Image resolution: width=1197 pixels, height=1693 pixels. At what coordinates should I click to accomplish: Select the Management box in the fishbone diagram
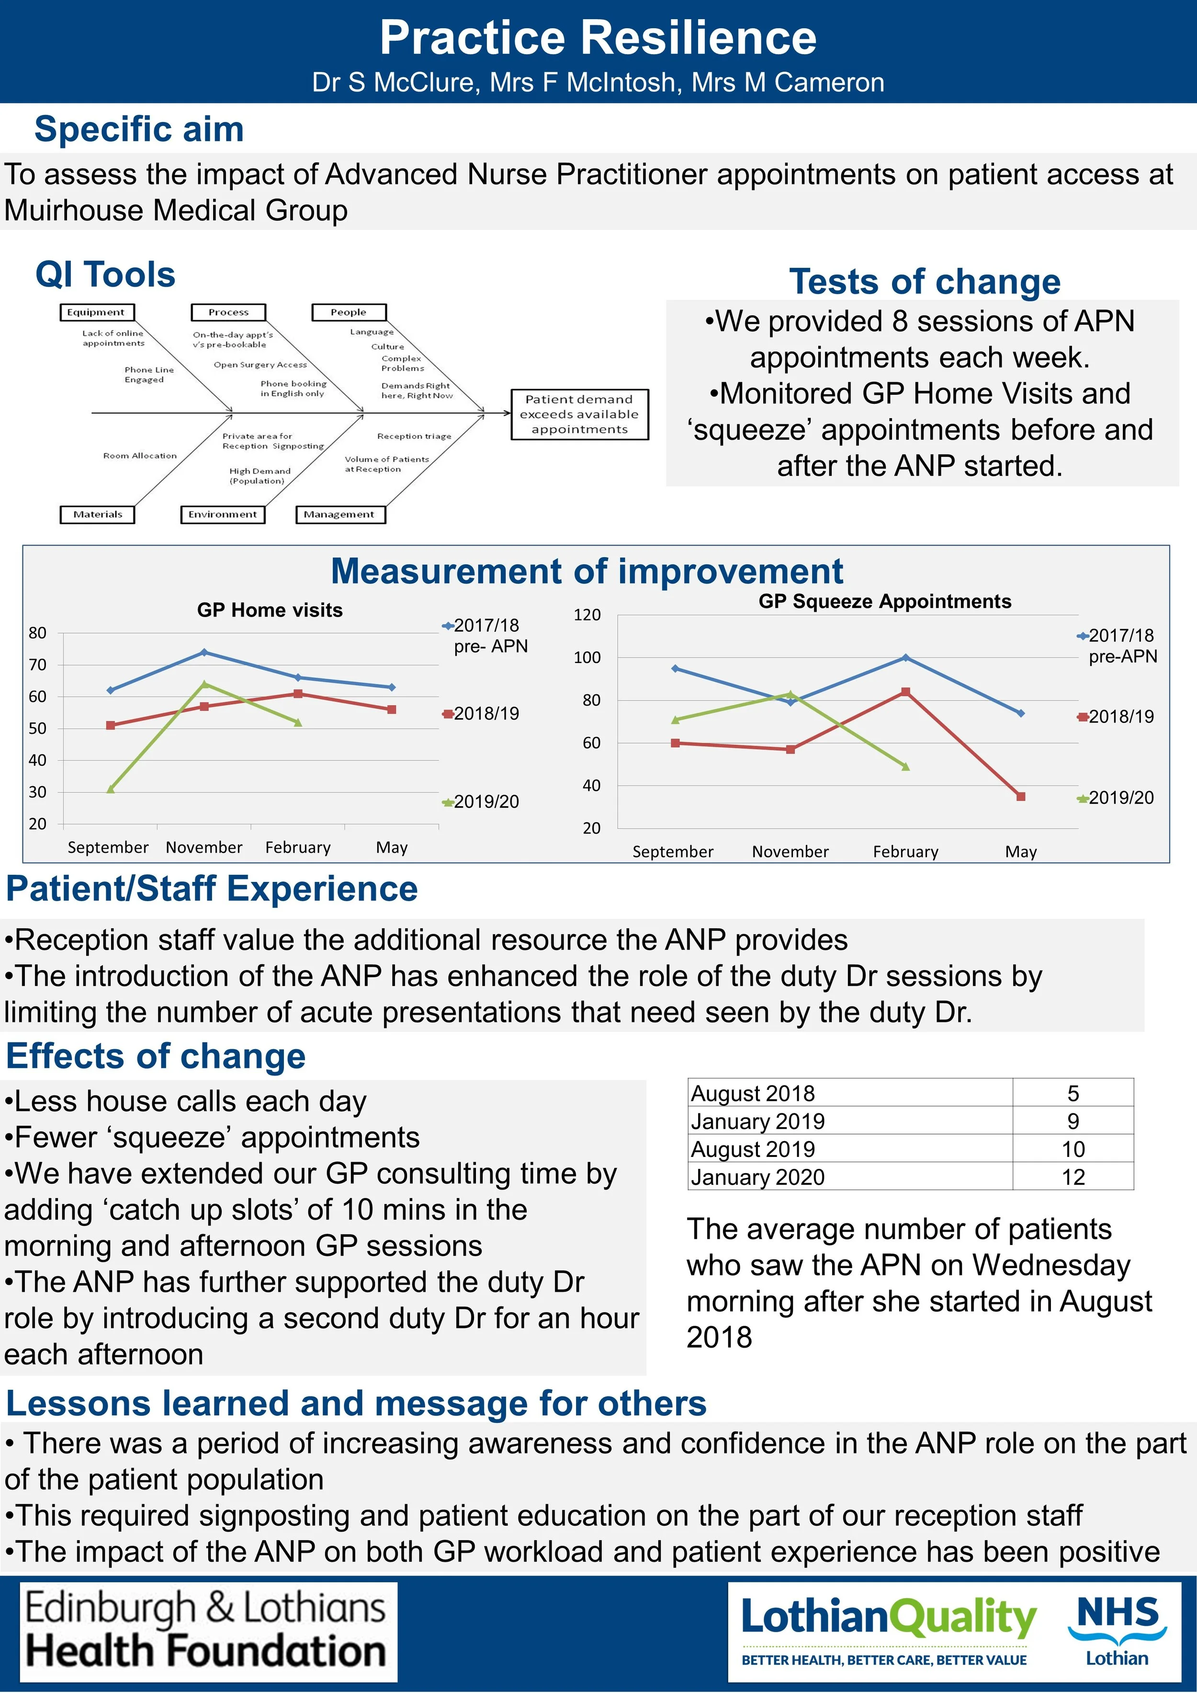click(x=340, y=514)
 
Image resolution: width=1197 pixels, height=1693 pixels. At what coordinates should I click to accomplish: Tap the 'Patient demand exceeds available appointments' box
click(x=579, y=414)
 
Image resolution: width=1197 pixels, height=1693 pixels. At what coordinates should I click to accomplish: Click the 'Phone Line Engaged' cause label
click(x=145, y=375)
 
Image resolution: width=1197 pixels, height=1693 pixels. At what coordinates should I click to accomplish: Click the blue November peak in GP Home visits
click(x=204, y=652)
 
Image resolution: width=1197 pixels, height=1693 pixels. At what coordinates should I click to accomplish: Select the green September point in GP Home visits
click(x=111, y=789)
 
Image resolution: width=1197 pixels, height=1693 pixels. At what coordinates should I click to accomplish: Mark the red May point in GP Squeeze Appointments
click(x=1021, y=796)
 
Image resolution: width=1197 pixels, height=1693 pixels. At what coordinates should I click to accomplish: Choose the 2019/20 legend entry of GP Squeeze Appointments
click(x=1116, y=797)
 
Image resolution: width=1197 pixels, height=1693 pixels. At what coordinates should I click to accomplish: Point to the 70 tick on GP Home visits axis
click(x=38, y=664)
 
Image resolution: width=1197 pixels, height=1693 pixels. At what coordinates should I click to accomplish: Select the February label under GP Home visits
click(x=298, y=847)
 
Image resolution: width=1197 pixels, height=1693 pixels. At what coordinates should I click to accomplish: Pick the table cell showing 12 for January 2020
click(x=1073, y=1177)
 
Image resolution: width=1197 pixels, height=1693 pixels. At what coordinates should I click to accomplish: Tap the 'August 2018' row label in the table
click(x=753, y=1093)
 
